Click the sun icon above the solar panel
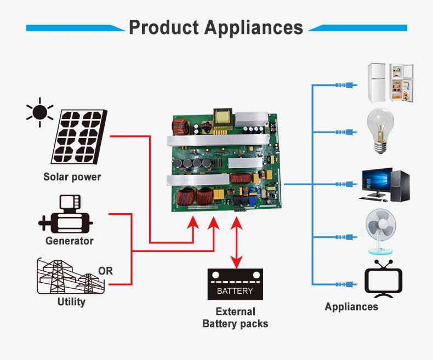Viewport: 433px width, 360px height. pyautogui.click(x=40, y=112)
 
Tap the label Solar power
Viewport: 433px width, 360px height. pyautogui.click(x=72, y=177)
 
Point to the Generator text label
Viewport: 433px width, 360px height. pyautogui.click(x=70, y=241)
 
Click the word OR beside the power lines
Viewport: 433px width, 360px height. pyautogui.click(x=105, y=271)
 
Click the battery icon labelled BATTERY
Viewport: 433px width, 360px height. pyautogui.click(x=235, y=284)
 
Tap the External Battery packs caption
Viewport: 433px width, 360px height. pyautogui.click(x=235, y=318)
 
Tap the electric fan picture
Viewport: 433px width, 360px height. pyautogui.click(x=381, y=232)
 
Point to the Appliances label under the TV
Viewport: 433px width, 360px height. pyautogui.click(x=351, y=307)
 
